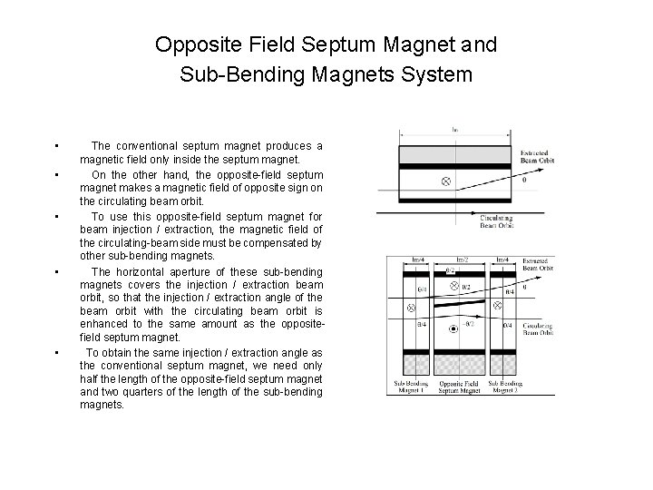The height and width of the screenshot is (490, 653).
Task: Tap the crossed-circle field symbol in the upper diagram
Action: click(445, 181)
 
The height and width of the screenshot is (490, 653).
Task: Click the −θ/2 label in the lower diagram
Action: click(467, 323)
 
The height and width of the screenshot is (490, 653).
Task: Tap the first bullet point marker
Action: click(56, 146)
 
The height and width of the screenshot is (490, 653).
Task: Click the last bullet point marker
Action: click(56, 352)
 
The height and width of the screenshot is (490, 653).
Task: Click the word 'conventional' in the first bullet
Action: click(148, 146)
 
